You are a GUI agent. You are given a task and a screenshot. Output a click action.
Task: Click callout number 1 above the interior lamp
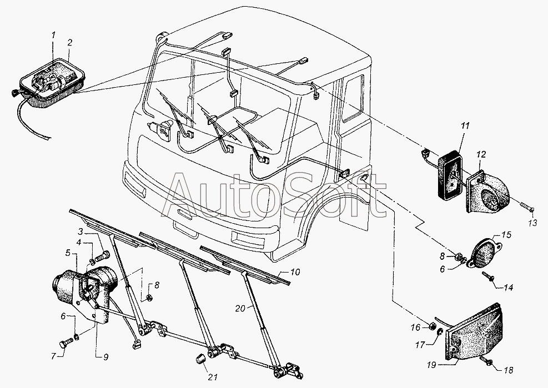pyautogui.click(x=53, y=35)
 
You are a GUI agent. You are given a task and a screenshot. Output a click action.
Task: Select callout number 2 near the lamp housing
pyautogui.click(x=70, y=43)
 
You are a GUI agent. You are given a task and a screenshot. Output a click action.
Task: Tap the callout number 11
pyautogui.click(x=465, y=126)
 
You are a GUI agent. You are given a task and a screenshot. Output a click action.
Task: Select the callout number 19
pyautogui.click(x=431, y=365)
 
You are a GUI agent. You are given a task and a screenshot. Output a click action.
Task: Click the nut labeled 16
pyautogui.click(x=432, y=327)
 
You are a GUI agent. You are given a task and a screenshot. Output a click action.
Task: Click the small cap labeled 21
pyautogui.click(x=199, y=359)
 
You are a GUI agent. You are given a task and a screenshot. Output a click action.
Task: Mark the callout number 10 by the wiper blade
pyautogui.click(x=295, y=271)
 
